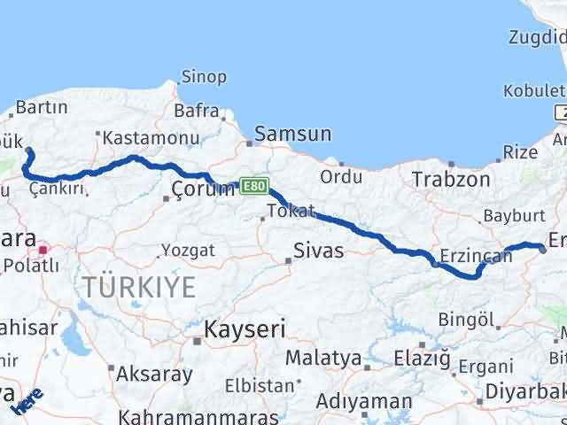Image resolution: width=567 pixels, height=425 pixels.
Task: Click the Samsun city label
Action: pos(292,135)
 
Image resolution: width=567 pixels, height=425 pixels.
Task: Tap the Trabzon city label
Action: pos(451,179)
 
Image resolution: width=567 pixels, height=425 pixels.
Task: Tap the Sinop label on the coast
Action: pos(204,77)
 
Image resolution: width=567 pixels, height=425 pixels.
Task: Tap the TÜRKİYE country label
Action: pos(139,286)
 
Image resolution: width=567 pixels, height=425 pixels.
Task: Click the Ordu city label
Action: pos(341,176)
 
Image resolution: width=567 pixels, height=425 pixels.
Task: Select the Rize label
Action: pos(519,152)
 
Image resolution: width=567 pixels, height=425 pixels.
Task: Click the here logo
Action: pos(29,400)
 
